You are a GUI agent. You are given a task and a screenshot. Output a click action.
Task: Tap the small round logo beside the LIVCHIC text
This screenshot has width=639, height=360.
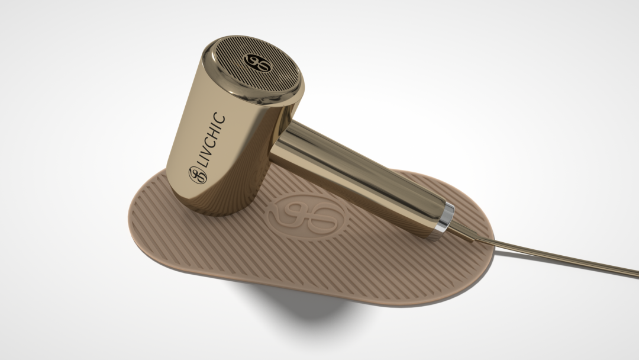coord(198,175)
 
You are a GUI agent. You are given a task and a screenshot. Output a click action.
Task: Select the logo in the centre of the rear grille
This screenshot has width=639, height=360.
coord(257,62)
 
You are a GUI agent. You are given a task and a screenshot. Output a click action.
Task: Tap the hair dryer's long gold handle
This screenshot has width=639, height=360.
coord(359,175)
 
